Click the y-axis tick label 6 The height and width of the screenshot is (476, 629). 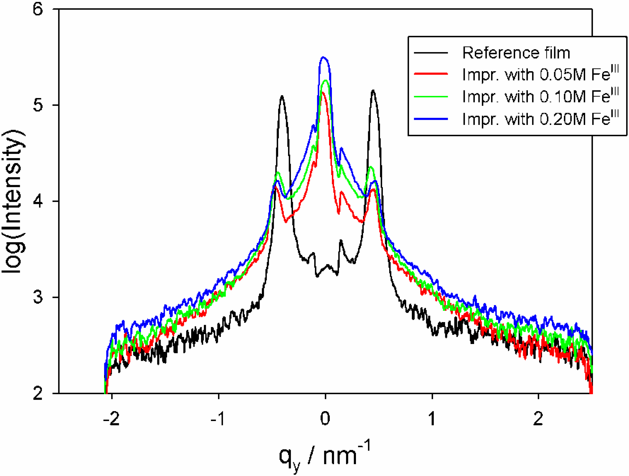pyautogui.click(x=38, y=9)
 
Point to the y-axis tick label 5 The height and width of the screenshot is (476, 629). pyautogui.click(x=38, y=105)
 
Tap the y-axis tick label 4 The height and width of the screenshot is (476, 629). pyautogui.click(x=38, y=201)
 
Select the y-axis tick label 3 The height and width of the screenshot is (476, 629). pyautogui.click(x=38, y=297)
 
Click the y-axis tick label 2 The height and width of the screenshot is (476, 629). pyautogui.click(x=38, y=394)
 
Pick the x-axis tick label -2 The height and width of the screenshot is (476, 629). pyautogui.click(x=112, y=418)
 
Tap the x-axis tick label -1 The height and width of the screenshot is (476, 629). pyautogui.click(x=218, y=418)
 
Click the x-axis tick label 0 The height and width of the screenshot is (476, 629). pyautogui.click(x=325, y=418)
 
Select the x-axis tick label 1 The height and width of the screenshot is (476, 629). pyautogui.click(x=432, y=418)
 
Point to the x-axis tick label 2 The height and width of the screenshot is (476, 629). pyautogui.click(x=538, y=418)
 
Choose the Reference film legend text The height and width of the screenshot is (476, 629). pyautogui.click(x=516, y=53)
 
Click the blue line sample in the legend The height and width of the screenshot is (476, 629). pyautogui.click(x=431, y=119)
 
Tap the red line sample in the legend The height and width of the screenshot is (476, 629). pyautogui.click(x=431, y=74)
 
